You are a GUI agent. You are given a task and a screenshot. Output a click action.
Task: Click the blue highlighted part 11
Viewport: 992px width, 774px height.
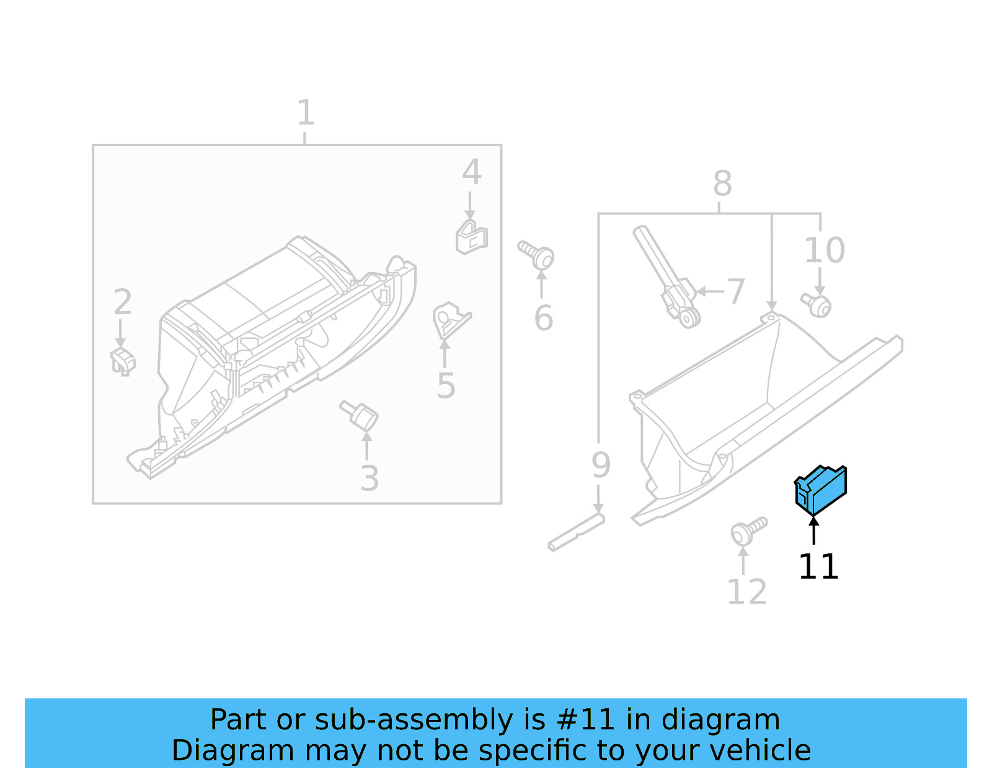pyautogui.click(x=820, y=490)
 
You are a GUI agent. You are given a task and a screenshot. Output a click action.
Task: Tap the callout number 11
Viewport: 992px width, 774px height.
pyautogui.click(x=818, y=566)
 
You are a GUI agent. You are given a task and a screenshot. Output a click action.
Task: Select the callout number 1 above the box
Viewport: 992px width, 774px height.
pyautogui.click(x=305, y=113)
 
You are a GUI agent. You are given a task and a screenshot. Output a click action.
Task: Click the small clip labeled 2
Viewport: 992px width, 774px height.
pyautogui.click(x=123, y=361)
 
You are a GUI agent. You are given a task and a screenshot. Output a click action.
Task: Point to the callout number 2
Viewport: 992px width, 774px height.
pyautogui.click(x=122, y=302)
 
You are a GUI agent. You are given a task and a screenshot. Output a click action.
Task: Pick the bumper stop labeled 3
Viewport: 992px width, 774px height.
pyautogui.click(x=360, y=413)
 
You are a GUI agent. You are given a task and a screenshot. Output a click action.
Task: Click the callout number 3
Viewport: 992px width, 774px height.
pyautogui.click(x=370, y=478)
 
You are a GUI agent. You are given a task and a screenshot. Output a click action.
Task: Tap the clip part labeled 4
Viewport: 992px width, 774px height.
pyautogui.click(x=471, y=237)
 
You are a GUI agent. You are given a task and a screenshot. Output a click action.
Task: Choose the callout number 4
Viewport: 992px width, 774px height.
pyautogui.click(x=472, y=172)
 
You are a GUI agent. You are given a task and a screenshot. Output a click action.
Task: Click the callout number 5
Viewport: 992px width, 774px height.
pyautogui.click(x=446, y=386)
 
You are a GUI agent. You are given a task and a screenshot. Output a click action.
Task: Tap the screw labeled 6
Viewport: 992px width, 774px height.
pyautogui.click(x=537, y=255)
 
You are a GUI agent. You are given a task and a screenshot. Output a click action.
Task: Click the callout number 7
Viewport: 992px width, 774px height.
pyautogui.click(x=735, y=291)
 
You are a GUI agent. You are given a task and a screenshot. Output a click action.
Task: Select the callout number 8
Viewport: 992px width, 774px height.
pyautogui.click(x=722, y=183)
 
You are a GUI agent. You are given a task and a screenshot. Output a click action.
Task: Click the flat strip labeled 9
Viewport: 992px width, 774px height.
pyautogui.click(x=575, y=532)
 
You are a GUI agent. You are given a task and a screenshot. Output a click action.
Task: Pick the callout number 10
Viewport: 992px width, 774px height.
pyautogui.click(x=824, y=250)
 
